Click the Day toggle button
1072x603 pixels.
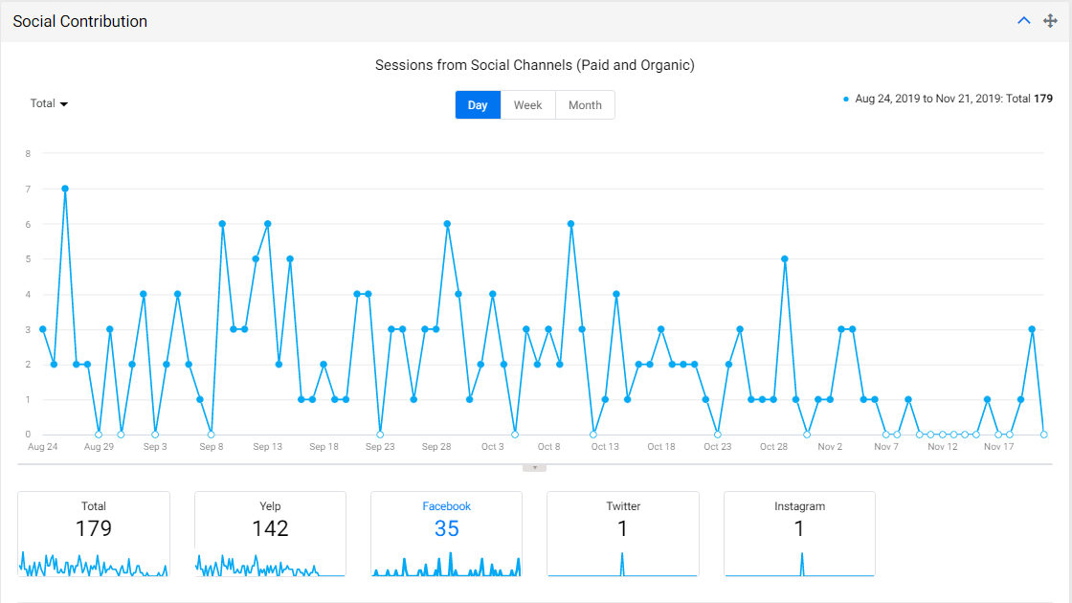click(478, 105)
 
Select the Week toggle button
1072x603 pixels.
click(527, 105)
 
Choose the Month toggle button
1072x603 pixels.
click(585, 105)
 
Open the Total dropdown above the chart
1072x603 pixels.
click(49, 103)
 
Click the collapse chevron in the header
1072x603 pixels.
click(1023, 20)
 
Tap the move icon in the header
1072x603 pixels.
click(1050, 21)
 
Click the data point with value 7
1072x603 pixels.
click(65, 189)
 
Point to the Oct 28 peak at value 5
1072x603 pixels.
click(785, 259)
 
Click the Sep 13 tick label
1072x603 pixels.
click(267, 446)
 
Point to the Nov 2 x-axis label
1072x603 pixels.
click(830, 446)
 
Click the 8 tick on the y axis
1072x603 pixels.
click(28, 154)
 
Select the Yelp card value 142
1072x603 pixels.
click(270, 528)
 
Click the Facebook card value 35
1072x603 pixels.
click(446, 528)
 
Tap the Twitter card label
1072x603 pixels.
click(623, 506)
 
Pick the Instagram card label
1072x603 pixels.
click(799, 506)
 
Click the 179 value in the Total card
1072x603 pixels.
click(94, 528)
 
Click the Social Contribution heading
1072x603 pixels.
click(80, 21)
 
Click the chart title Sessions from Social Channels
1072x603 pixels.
click(535, 65)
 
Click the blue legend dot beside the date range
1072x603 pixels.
click(846, 100)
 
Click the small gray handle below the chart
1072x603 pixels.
click(535, 468)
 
